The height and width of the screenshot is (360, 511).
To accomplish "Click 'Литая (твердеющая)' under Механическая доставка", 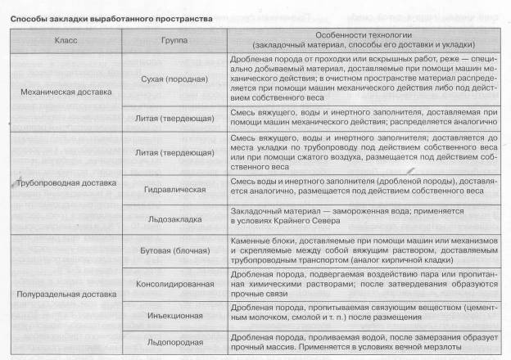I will pos(174,119).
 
